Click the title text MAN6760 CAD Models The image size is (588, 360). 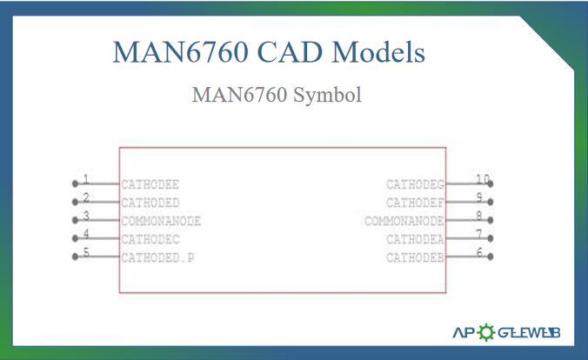click(269, 52)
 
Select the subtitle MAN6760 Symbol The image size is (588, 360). click(277, 95)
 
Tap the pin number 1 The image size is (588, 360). click(85, 179)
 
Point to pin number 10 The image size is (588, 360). click(483, 179)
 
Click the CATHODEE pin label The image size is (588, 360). click(150, 184)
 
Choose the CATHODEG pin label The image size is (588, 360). click(415, 184)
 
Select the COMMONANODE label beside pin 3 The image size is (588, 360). click(161, 221)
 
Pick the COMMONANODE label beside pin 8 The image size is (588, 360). click(404, 221)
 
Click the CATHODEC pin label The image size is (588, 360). click(150, 239)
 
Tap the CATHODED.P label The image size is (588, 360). click(157, 257)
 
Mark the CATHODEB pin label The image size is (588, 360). click(415, 257)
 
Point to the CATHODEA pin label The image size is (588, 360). click(415, 239)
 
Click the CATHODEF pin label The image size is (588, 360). click(415, 203)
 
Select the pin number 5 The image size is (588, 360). click(85, 253)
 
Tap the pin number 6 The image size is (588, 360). click(479, 252)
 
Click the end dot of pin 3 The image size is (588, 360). click(75, 221)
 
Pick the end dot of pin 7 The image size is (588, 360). click(491, 238)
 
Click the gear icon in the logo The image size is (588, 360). click(485, 332)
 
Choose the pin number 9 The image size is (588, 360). click(479, 197)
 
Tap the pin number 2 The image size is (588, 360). click(85, 197)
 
